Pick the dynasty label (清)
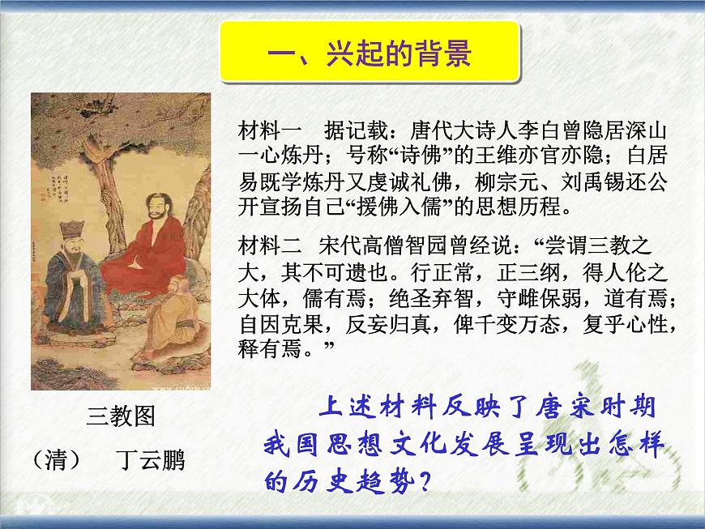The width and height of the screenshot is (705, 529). (57, 460)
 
